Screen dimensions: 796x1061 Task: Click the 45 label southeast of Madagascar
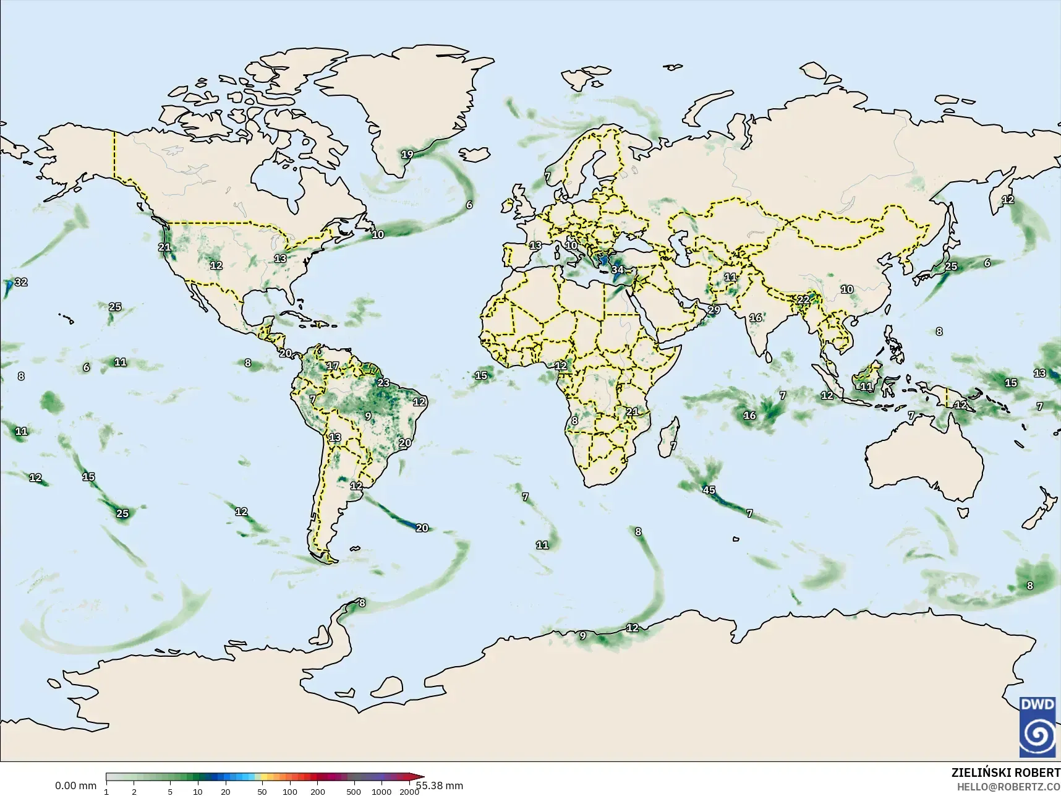[x=709, y=490]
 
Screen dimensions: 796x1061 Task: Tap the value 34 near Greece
[x=617, y=270]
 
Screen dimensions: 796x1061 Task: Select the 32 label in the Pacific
[x=21, y=282]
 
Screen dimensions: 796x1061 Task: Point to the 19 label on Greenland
[x=407, y=155]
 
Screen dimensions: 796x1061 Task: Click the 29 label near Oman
[x=714, y=310]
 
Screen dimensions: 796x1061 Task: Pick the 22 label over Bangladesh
[x=803, y=300]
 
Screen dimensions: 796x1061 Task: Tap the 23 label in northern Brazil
[x=383, y=383]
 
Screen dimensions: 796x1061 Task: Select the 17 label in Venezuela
[x=333, y=366]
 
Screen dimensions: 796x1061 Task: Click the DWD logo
[x=1039, y=727]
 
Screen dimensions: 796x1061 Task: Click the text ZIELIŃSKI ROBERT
[x=1005, y=773]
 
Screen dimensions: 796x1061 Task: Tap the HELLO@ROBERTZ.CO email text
[x=1008, y=787]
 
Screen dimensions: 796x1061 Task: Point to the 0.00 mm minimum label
[x=75, y=785]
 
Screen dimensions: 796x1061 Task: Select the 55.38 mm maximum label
[x=440, y=785]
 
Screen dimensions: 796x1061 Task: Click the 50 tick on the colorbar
[x=262, y=791]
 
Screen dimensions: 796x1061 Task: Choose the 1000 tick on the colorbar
[x=381, y=791]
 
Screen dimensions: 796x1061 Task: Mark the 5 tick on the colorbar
[x=170, y=791]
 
